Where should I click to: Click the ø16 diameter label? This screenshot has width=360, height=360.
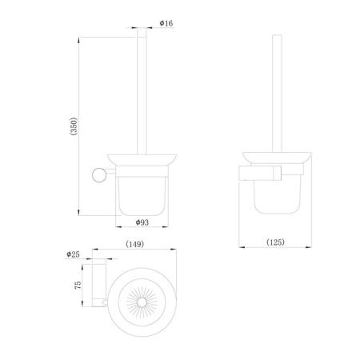tap(166, 23)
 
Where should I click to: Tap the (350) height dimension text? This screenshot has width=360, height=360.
tap(74, 126)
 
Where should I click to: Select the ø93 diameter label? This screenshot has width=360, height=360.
tap(142, 222)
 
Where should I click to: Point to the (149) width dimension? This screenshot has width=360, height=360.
tap(134, 244)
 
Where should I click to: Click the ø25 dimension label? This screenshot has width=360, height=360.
tap(73, 254)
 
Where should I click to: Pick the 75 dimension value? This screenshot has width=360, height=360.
tap(78, 285)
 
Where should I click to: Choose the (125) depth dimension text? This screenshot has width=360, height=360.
tap(275, 242)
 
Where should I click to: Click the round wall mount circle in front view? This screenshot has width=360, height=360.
tap(99, 175)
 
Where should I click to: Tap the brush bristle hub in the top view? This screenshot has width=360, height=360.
tap(142, 302)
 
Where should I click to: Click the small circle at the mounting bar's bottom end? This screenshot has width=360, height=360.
tap(105, 302)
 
